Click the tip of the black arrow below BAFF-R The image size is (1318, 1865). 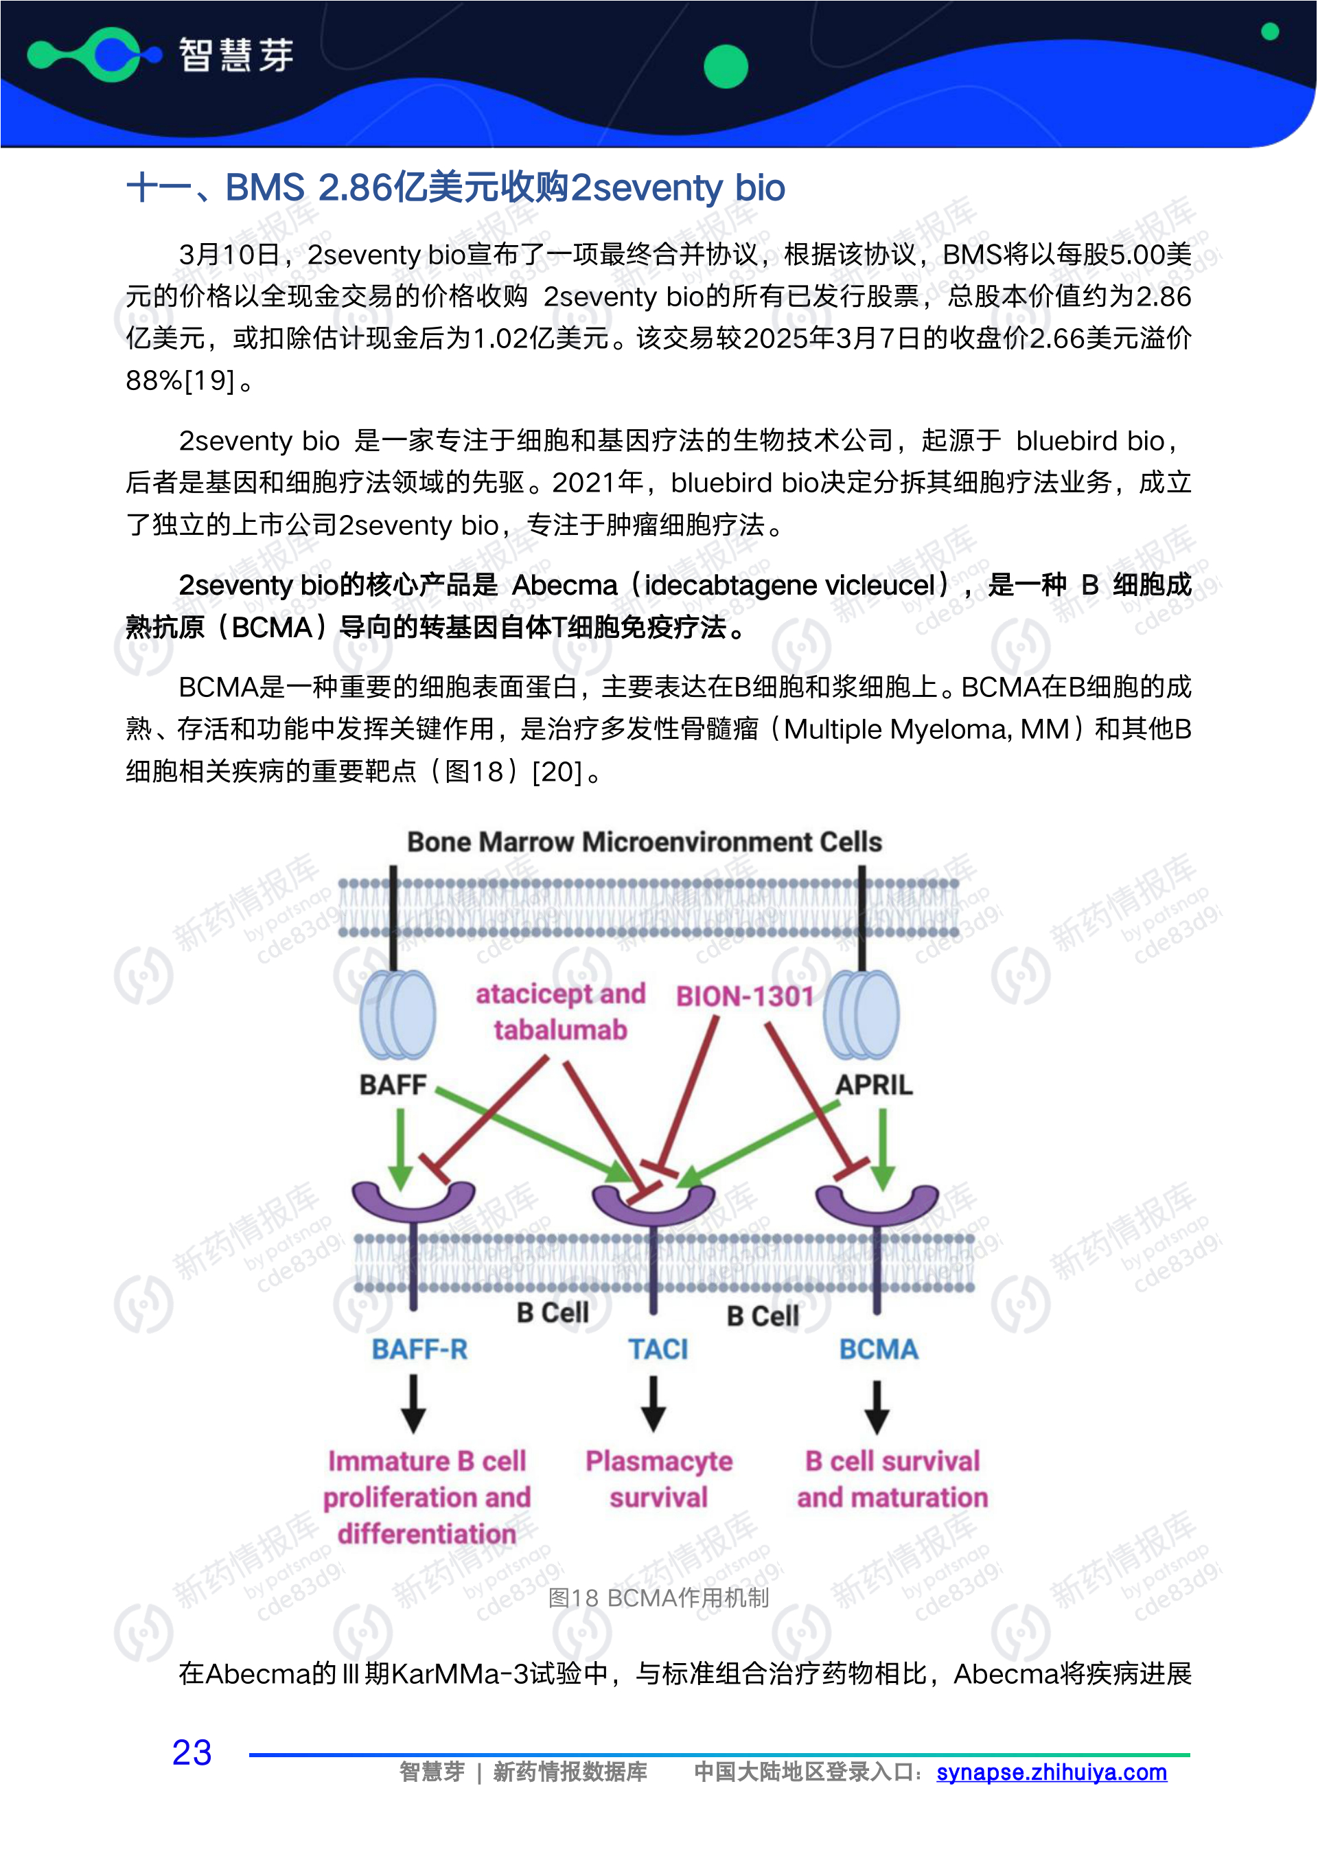tap(413, 1433)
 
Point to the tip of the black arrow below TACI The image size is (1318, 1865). tap(654, 1432)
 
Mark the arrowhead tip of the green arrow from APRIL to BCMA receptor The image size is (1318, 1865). tap(883, 1191)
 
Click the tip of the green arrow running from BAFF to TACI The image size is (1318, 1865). tap(635, 1182)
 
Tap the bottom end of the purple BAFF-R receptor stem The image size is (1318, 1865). tap(413, 1310)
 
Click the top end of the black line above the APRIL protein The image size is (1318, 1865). tap(862, 866)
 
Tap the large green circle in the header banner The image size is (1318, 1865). tap(725, 67)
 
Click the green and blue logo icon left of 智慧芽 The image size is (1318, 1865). tap(95, 54)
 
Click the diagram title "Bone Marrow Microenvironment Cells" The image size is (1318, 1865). tap(644, 843)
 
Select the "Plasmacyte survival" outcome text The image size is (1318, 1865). tap(658, 1479)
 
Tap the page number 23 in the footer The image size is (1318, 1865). tap(192, 1753)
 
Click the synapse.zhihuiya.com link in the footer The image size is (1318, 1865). tap(1052, 1772)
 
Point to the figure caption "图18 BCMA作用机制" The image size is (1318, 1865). tap(658, 1599)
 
